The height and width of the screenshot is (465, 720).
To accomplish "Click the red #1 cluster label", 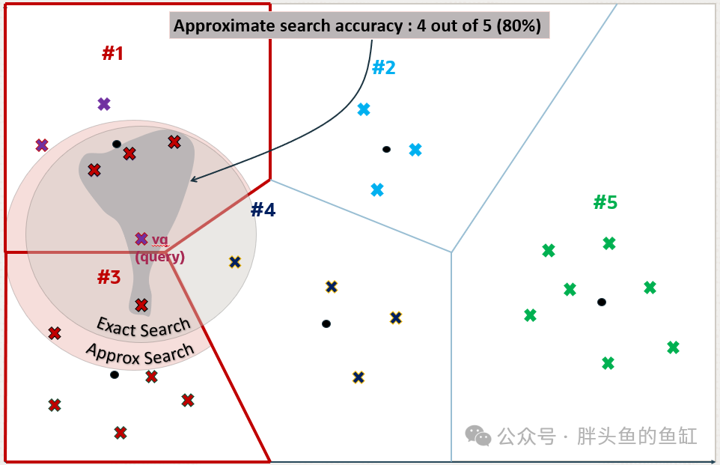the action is pyautogui.click(x=112, y=53).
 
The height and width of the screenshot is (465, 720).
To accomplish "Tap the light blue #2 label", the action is pyautogui.click(x=383, y=67).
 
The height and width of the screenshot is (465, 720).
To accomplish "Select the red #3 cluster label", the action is pyautogui.click(x=109, y=277).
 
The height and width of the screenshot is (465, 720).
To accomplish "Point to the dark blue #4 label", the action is pyautogui.click(x=263, y=210).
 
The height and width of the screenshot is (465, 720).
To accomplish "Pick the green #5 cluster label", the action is pyautogui.click(x=605, y=202).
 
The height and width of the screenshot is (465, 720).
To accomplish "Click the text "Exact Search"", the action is pyautogui.click(x=144, y=326).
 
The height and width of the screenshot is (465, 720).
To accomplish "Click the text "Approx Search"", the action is pyautogui.click(x=140, y=353).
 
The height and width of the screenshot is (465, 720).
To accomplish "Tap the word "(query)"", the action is pyautogui.click(x=160, y=256).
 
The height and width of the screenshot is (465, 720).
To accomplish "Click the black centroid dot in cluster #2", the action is pyautogui.click(x=386, y=149).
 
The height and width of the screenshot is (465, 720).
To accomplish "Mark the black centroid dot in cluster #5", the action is pyautogui.click(x=602, y=302).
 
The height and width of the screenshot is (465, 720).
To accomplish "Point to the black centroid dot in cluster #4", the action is pyautogui.click(x=326, y=323).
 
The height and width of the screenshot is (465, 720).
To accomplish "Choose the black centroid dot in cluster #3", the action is pyautogui.click(x=115, y=374).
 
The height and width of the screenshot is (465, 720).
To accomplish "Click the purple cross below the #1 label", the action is pyautogui.click(x=104, y=104).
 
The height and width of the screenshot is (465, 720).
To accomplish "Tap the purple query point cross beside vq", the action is pyautogui.click(x=141, y=239).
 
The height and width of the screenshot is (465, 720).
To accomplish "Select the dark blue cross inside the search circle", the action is pyautogui.click(x=235, y=262).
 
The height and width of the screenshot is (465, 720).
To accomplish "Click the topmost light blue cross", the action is pyautogui.click(x=364, y=109).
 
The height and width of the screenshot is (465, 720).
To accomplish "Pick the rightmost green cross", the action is pyautogui.click(x=673, y=347).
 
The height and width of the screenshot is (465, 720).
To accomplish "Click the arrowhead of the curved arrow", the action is pyautogui.click(x=193, y=180).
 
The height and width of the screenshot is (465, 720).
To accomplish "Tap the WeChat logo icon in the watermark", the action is pyautogui.click(x=477, y=435).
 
